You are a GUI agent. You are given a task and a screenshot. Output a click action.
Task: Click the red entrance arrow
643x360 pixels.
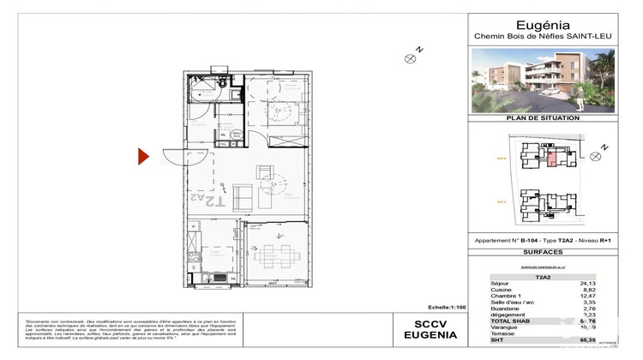point(145,156)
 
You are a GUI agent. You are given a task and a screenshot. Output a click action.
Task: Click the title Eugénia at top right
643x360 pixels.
point(554,26)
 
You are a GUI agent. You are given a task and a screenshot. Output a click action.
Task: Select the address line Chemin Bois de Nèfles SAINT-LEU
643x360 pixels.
point(554,37)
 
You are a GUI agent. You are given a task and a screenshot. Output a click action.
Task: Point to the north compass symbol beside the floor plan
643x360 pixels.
point(410,58)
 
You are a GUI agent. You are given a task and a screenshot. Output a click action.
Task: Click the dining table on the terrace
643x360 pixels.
point(276,252)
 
